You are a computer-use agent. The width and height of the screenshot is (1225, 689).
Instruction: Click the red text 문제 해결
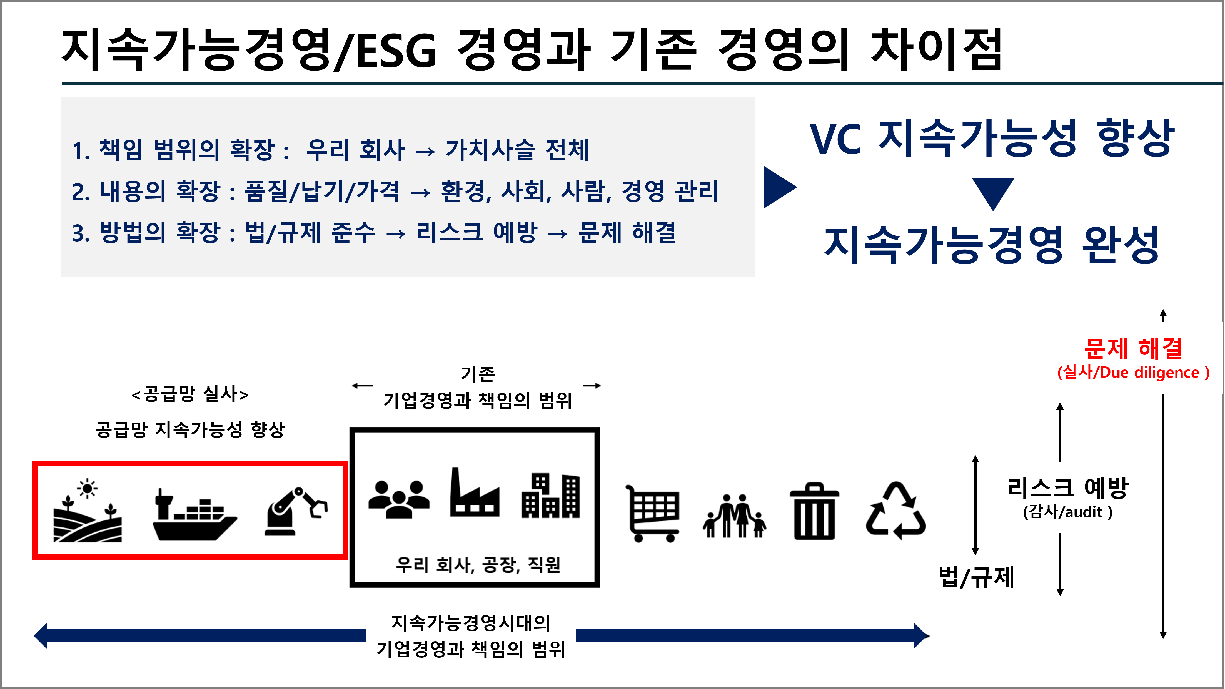(x=1133, y=348)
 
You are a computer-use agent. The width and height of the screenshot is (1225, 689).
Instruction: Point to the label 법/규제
(x=976, y=577)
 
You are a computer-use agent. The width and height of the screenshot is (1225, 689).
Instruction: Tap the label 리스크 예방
(x=1067, y=488)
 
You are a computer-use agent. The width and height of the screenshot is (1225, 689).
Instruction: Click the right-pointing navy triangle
(x=779, y=187)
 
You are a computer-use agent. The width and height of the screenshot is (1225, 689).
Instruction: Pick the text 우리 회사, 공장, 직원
(x=478, y=565)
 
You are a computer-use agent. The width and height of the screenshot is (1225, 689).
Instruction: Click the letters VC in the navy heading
(x=835, y=139)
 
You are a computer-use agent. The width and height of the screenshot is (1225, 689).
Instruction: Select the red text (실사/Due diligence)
(x=1133, y=373)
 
